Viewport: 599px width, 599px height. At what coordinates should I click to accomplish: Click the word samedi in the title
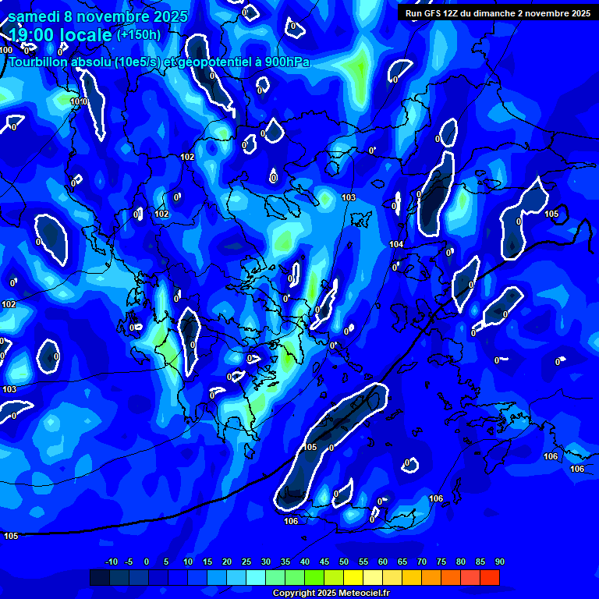(x=34, y=16)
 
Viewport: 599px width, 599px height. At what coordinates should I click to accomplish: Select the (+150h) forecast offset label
(x=139, y=35)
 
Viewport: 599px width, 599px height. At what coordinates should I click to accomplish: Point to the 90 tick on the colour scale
(x=499, y=562)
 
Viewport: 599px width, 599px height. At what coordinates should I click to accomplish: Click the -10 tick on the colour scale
(x=111, y=562)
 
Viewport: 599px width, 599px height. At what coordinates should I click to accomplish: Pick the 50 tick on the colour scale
(x=344, y=562)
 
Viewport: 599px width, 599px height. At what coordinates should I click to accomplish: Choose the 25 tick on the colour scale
(x=246, y=562)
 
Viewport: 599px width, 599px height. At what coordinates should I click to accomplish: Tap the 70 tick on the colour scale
(x=422, y=562)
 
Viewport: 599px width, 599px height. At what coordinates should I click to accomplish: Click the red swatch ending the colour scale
(x=489, y=577)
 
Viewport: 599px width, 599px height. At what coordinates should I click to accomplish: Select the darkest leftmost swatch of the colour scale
(x=99, y=577)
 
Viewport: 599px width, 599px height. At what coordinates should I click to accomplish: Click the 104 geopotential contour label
(x=396, y=245)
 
